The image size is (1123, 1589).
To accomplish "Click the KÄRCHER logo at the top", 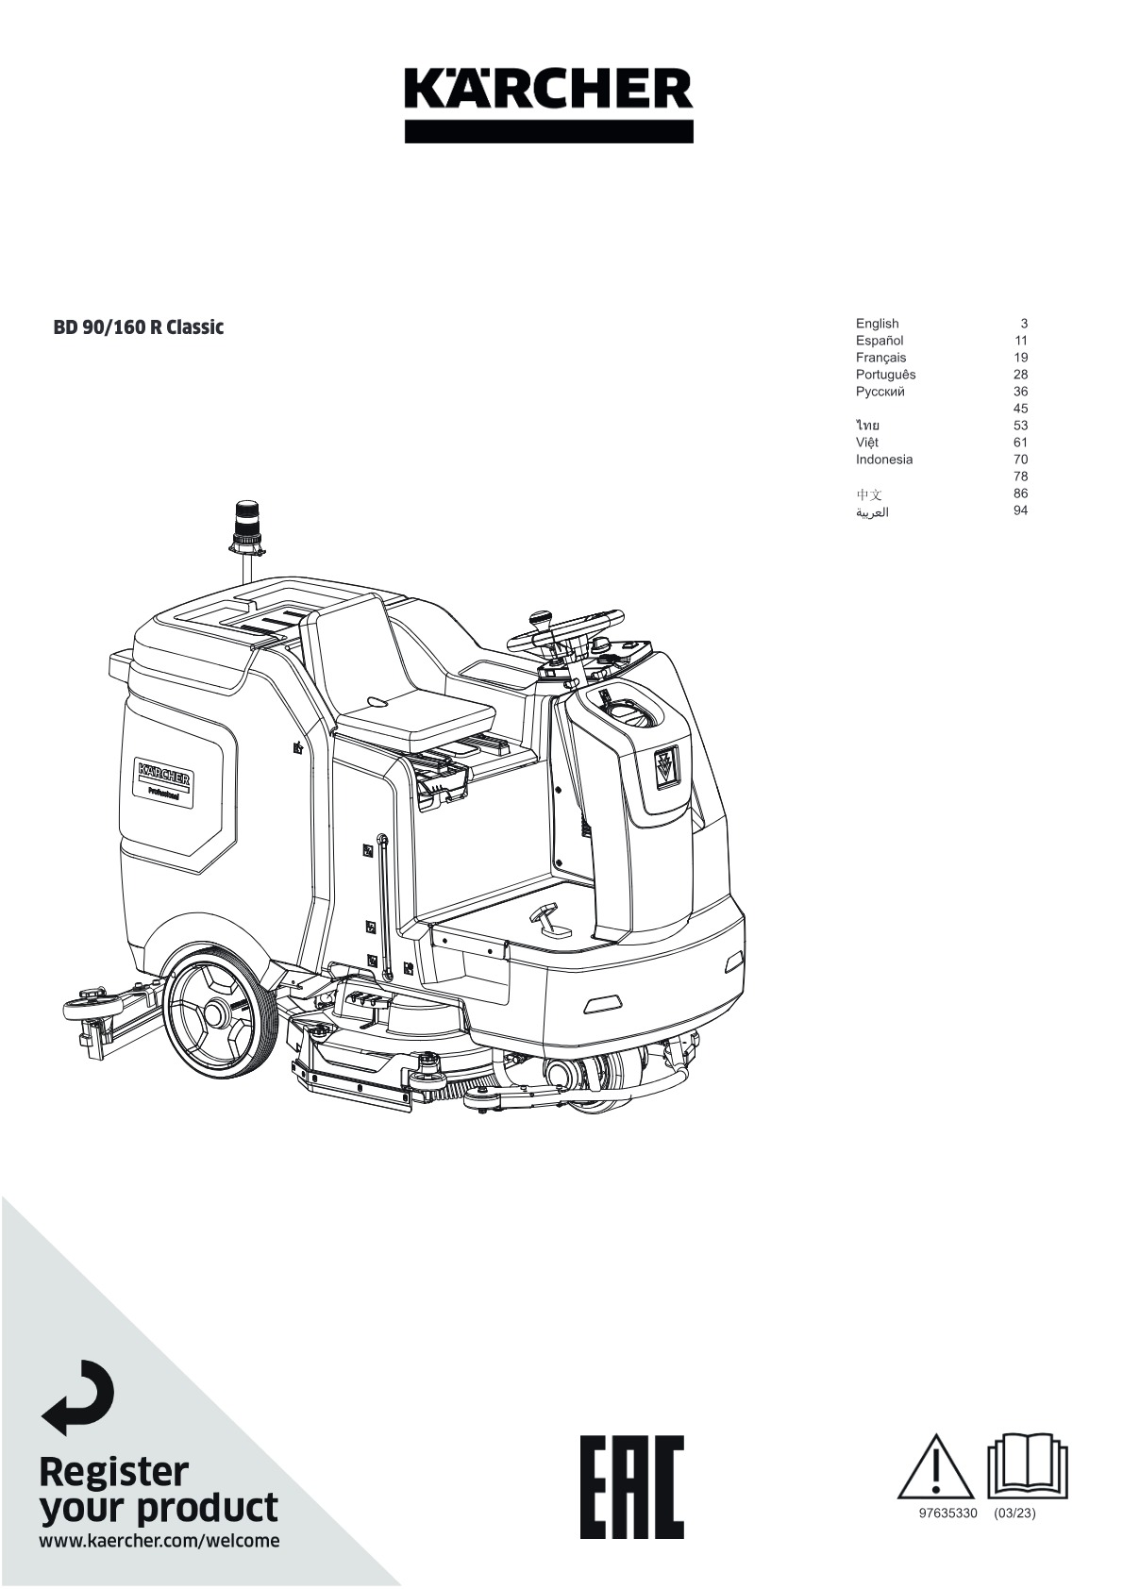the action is (x=548, y=106).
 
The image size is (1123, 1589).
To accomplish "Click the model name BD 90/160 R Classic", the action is (x=139, y=327).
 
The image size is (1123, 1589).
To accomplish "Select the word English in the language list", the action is (x=877, y=324).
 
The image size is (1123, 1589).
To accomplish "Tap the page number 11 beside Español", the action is (x=1021, y=341).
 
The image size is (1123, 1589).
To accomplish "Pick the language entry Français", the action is (x=880, y=358).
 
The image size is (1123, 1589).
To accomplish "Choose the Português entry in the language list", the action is (x=885, y=375).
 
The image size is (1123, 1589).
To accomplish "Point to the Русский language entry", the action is (x=880, y=392).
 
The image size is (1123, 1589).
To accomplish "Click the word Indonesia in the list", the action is (x=884, y=460).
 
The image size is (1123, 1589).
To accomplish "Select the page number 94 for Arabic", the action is (x=1020, y=510).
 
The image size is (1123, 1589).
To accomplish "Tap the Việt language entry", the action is (x=867, y=442).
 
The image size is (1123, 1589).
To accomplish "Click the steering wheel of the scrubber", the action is (x=565, y=630).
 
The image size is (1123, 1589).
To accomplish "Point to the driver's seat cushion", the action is (x=415, y=710).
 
